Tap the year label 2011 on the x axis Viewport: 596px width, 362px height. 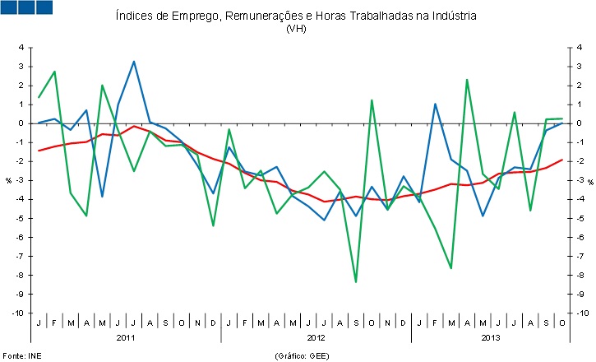[x=126, y=337]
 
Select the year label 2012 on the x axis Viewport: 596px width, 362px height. [x=316, y=337]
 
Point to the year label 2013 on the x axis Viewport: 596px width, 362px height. [x=491, y=337]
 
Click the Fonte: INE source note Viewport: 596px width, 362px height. [x=21, y=355]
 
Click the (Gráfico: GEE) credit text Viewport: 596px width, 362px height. [x=303, y=355]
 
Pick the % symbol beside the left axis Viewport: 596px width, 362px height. [x=9, y=181]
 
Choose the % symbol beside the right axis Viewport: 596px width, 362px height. [x=589, y=181]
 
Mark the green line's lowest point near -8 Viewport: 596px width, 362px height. [x=356, y=282]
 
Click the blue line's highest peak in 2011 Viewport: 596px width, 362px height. [x=134, y=61]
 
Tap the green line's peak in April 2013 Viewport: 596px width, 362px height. [x=467, y=80]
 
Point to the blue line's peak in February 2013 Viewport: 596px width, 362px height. [x=435, y=104]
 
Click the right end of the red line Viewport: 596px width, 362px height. [x=562, y=160]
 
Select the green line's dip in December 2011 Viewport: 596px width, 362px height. [x=213, y=225]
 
